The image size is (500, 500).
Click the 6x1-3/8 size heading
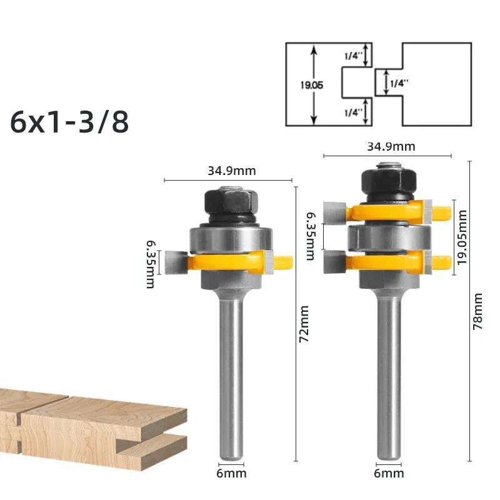click(69, 122)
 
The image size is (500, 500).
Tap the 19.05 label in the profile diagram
click(311, 85)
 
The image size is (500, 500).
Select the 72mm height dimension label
click(304, 324)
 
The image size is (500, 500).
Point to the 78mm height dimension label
click(477, 311)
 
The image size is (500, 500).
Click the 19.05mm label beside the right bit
click(462, 237)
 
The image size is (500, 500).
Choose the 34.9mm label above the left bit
click(232, 171)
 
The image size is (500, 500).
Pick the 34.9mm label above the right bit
click(391, 147)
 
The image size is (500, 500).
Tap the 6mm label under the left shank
click(231, 474)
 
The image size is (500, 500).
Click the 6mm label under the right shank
click(389, 474)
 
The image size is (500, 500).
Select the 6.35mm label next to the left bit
click(151, 264)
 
